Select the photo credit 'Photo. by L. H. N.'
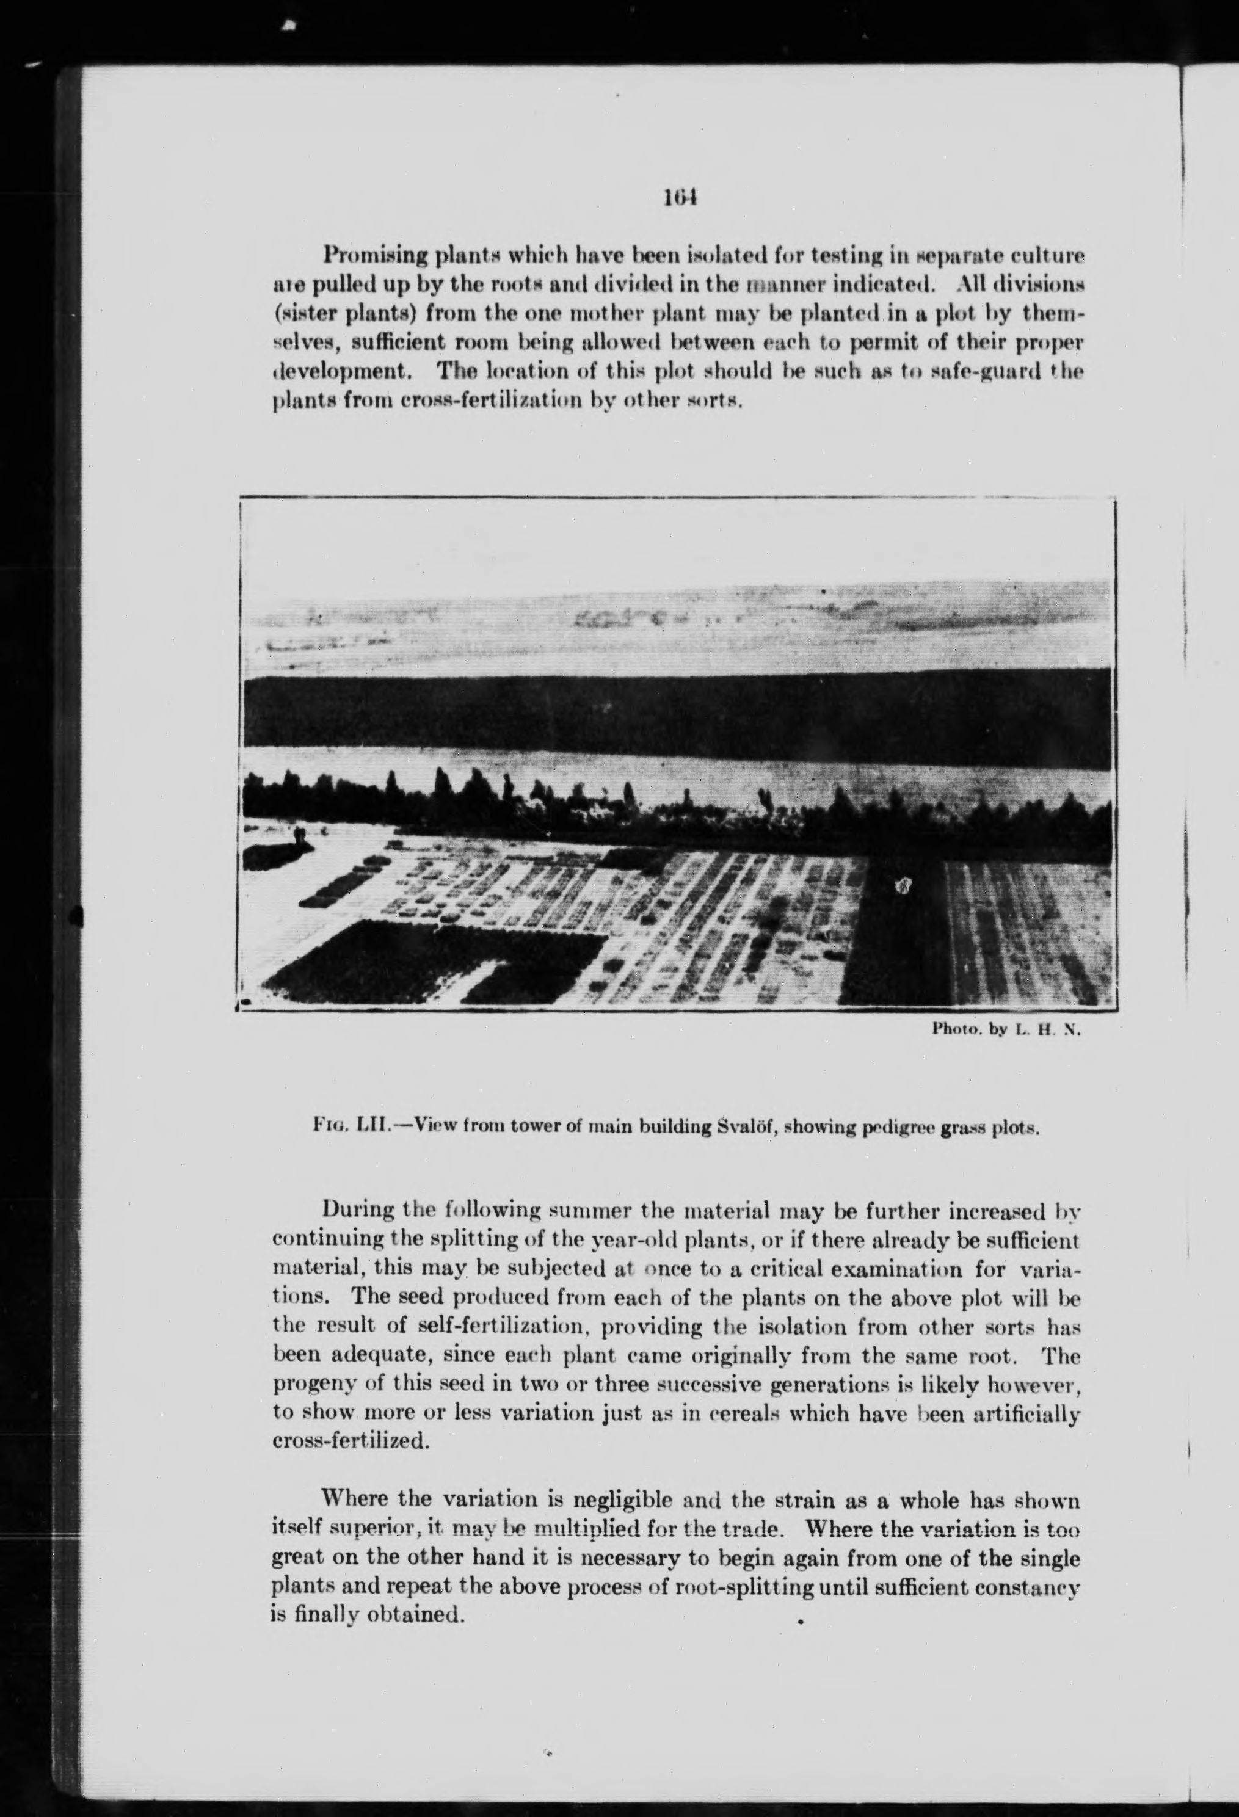[x=1005, y=1029]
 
